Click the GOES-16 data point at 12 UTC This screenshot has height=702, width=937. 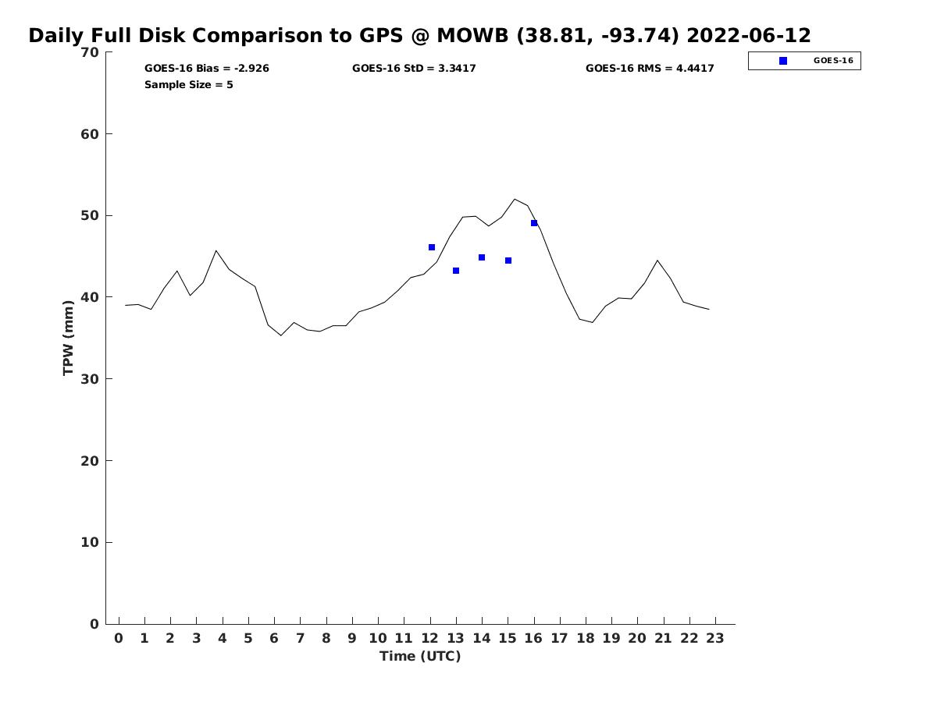pyautogui.click(x=432, y=247)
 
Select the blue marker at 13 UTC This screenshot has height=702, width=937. pyautogui.click(x=456, y=271)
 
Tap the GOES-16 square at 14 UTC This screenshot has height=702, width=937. pyautogui.click(x=482, y=257)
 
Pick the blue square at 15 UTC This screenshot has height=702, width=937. pyautogui.click(x=508, y=261)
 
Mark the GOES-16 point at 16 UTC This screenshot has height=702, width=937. pyautogui.click(x=534, y=223)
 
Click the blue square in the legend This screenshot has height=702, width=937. pyautogui.click(x=783, y=61)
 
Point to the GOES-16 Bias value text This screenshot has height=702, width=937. pyautogui.click(x=207, y=69)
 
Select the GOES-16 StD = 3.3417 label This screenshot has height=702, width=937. pyautogui.click(x=414, y=69)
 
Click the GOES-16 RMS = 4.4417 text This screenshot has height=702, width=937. pyautogui.click(x=650, y=69)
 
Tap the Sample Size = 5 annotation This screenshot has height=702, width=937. pyautogui.click(x=189, y=85)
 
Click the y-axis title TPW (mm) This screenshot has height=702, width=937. pyautogui.click(x=69, y=338)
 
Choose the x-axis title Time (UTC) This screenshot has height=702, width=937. pyautogui.click(x=420, y=656)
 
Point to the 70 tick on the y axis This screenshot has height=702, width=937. pyautogui.click(x=90, y=52)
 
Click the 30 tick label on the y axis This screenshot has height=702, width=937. pyautogui.click(x=90, y=379)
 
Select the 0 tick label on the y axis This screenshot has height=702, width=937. pyautogui.click(x=94, y=624)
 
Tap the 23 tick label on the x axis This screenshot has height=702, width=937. pyautogui.click(x=715, y=638)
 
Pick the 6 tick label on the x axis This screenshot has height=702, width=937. pyautogui.click(x=274, y=638)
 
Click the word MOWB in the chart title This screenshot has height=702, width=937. pyautogui.click(x=473, y=36)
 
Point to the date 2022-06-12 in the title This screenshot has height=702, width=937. pyautogui.click(x=749, y=36)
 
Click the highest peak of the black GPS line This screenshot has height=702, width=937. pyautogui.click(x=515, y=200)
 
